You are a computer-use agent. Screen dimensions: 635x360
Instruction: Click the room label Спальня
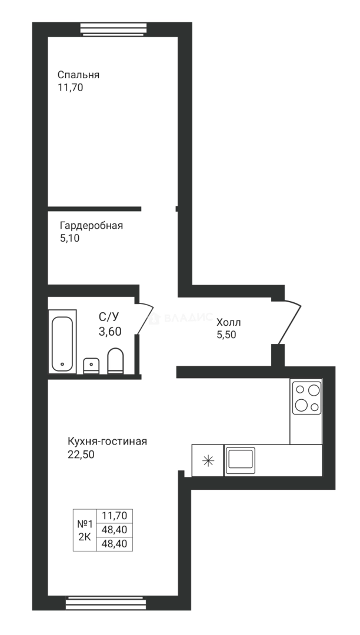pyautogui.click(x=78, y=75)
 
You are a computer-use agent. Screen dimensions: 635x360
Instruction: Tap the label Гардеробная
pyautogui.click(x=91, y=226)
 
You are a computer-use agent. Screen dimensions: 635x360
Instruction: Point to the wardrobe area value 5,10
pyautogui.click(x=69, y=239)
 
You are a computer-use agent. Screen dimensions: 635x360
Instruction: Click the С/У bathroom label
pyautogui.click(x=109, y=318)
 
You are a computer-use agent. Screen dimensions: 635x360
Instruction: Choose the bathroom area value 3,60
pyautogui.click(x=110, y=331)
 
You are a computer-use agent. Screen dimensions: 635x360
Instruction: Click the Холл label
pyautogui.click(x=228, y=322)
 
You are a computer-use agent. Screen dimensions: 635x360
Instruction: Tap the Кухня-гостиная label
pyautogui.click(x=107, y=442)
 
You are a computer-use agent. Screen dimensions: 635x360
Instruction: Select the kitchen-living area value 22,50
pyautogui.click(x=81, y=454)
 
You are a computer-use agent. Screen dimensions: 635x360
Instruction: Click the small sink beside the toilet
pyautogui.click(x=91, y=366)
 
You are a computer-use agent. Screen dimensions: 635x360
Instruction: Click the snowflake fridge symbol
pyautogui.click(x=208, y=460)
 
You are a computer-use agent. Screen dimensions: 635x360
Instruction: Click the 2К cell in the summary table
pyautogui.click(x=85, y=537)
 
